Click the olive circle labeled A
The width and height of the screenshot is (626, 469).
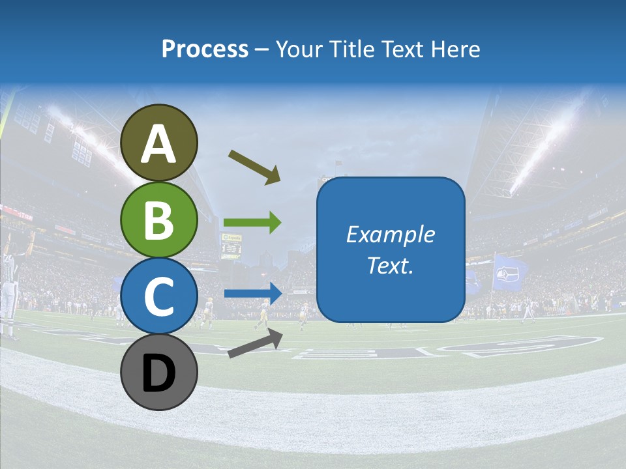pyautogui.click(x=158, y=143)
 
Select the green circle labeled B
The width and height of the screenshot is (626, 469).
pyautogui.click(x=158, y=220)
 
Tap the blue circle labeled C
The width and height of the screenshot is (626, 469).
pyautogui.click(x=158, y=296)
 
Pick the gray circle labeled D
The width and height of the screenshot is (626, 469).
pyautogui.click(x=158, y=372)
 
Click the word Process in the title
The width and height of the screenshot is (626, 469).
pyautogui.click(x=205, y=49)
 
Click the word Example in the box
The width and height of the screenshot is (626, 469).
pyautogui.click(x=390, y=234)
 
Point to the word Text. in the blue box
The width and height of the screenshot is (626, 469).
pyautogui.click(x=390, y=265)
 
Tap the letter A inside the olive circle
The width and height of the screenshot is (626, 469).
pyautogui.click(x=158, y=144)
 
